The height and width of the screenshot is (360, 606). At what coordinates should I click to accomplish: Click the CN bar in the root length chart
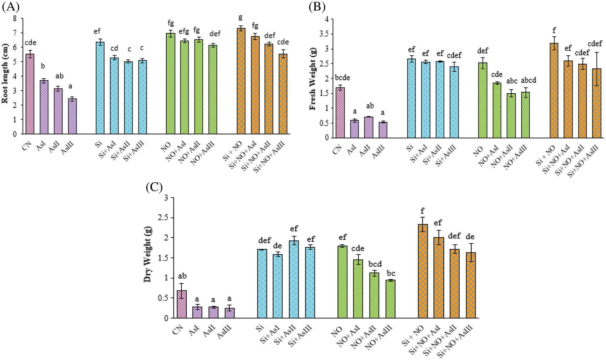(30, 94)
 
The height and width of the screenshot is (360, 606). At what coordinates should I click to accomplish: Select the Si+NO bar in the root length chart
(241, 81)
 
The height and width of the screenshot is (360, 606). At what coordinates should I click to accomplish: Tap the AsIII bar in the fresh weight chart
(383, 130)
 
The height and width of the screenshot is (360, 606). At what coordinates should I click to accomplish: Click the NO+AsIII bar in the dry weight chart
(390, 299)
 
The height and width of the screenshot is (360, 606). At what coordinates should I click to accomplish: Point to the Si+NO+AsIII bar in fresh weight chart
(597, 103)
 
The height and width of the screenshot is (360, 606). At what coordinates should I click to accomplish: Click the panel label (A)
(11, 7)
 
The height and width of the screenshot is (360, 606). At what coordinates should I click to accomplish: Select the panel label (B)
(317, 7)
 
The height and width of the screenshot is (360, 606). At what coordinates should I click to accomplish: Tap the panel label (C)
(154, 187)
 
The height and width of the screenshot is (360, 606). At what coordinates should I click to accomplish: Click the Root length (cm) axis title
(5, 74)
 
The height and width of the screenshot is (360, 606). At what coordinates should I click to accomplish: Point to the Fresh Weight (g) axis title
(313, 79)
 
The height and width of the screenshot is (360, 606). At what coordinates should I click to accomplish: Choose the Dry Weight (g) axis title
(148, 254)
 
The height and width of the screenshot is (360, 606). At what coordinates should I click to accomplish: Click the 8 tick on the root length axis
(15, 18)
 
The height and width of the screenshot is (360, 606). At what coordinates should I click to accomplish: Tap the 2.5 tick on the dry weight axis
(162, 218)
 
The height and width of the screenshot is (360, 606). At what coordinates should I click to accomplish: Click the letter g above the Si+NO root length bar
(240, 17)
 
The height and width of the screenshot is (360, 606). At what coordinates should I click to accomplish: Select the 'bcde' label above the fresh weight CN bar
(342, 78)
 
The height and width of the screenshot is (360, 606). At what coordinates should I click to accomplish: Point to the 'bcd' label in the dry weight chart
(375, 264)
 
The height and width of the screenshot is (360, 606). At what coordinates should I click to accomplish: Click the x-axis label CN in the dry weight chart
(177, 330)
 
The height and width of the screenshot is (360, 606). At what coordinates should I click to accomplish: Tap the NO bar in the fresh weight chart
(483, 100)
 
